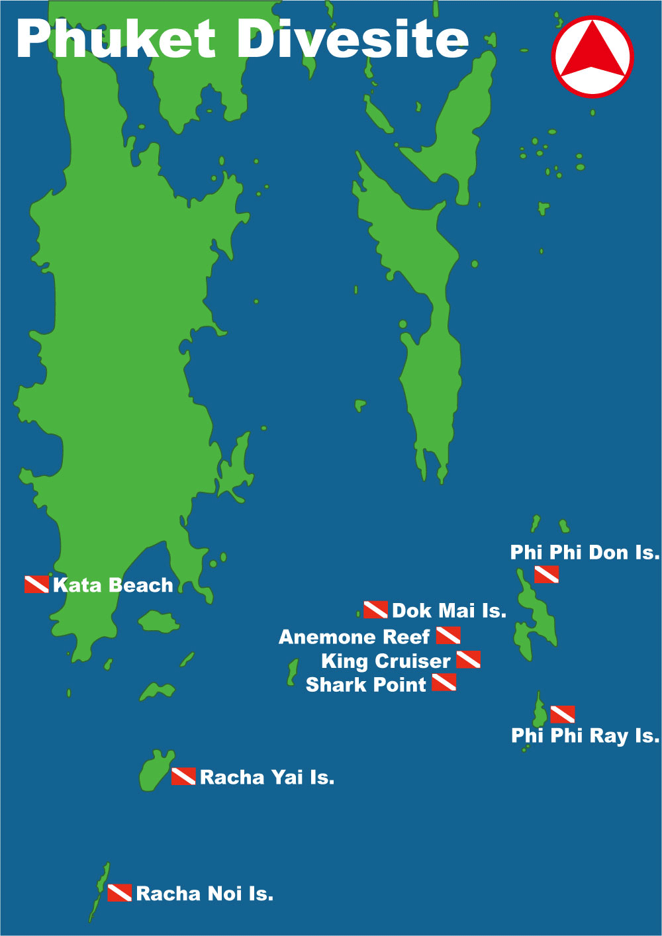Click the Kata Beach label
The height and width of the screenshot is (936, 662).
(x=113, y=585)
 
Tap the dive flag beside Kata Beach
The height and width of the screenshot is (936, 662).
(x=36, y=585)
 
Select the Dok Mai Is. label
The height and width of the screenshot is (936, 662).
(x=449, y=610)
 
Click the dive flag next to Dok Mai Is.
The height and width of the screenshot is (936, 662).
(x=375, y=610)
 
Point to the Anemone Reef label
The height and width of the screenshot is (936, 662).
(x=354, y=637)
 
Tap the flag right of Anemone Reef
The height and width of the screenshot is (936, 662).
(x=448, y=635)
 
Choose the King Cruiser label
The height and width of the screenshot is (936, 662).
(x=385, y=661)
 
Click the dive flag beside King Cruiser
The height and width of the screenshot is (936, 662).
(x=468, y=659)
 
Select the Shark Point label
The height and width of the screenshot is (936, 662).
(x=365, y=684)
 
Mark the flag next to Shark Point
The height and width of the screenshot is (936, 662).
(x=444, y=682)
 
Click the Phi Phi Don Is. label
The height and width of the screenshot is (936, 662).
(x=585, y=552)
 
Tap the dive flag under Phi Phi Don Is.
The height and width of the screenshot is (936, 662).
(x=546, y=575)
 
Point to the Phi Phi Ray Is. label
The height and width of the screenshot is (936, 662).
(x=585, y=735)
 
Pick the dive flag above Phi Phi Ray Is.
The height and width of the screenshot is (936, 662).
(x=563, y=714)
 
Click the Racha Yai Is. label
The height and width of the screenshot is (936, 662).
(x=267, y=777)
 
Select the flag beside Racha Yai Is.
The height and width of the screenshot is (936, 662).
(x=183, y=776)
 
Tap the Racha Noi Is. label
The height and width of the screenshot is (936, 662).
(x=204, y=894)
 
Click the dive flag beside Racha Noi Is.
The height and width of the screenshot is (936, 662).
(x=120, y=892)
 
